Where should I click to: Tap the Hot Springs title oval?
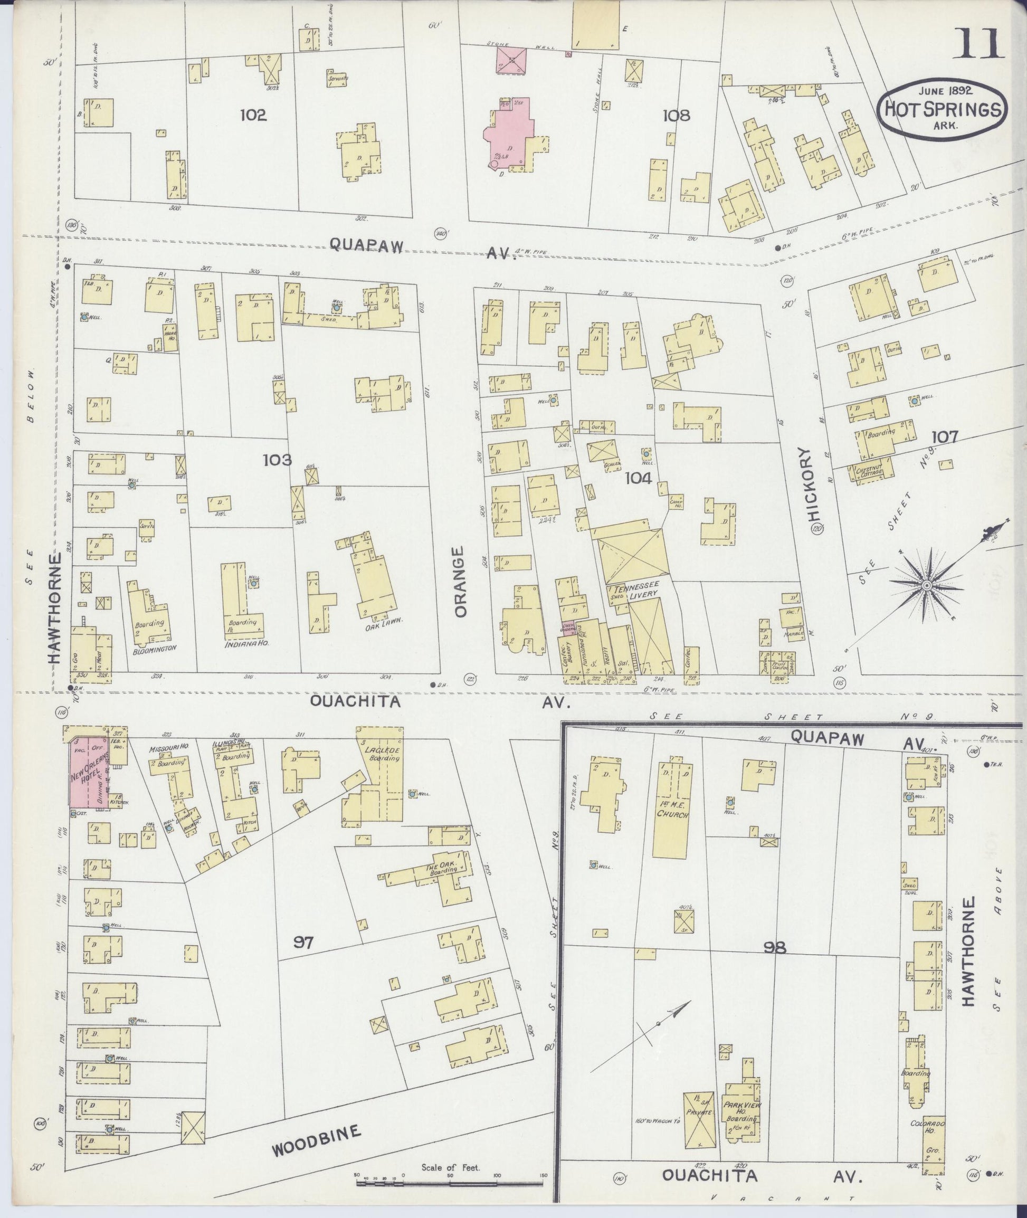pyautogui.click(x=942, y=109)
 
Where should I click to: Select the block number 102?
pyautogui.click(x=253, y=115)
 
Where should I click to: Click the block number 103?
pyautogui.click(x=277, y=460)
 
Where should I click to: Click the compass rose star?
pyautogui.click(x=925, y=585)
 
